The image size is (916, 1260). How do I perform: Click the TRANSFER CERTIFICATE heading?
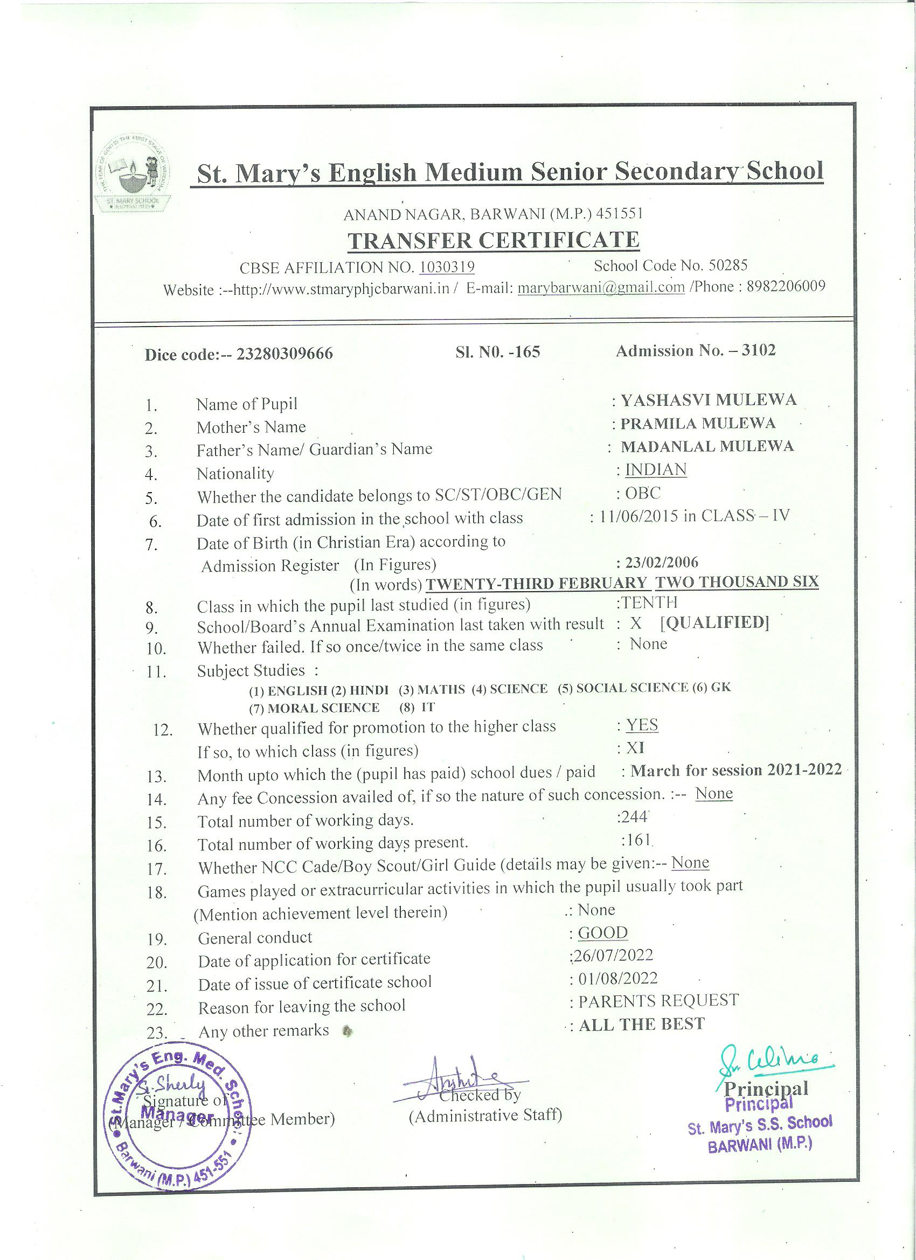tap(493, 240)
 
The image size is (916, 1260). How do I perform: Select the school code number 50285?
tap(728, 265)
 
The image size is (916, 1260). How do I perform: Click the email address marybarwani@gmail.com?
tap(601, 287)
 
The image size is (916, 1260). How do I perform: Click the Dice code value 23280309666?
tap(284, 354)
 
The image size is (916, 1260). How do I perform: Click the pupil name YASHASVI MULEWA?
tap(708, 400)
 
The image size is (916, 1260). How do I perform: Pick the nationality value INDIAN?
tap(656, 469)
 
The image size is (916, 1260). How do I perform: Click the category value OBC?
tap(643, 493)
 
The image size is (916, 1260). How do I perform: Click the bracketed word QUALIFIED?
tap(714, 623)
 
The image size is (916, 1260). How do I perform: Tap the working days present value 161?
tap(636, 840)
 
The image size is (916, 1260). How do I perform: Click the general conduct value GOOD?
tap(603, 932)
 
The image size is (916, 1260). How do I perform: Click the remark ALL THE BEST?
tap(642, 1024)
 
